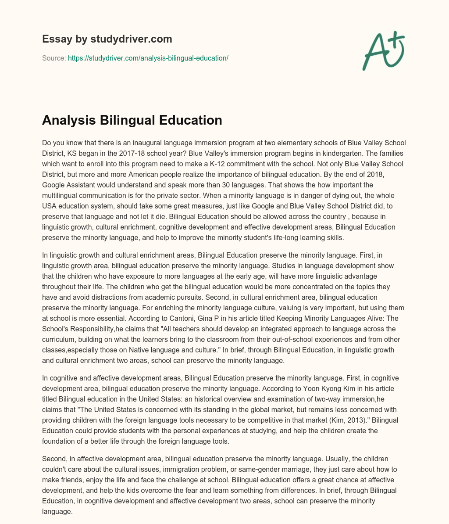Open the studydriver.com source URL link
click(x=148, y=58)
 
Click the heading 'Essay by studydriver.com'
click(x=107, y=39)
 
